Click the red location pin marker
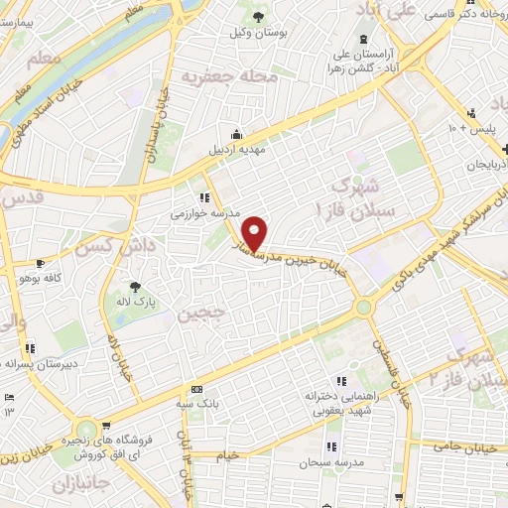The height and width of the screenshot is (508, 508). pyautogui.click(x=257, y=232)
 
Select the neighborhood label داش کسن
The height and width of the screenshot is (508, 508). pyautogui.click(x=116, y=243)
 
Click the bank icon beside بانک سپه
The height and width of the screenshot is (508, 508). pyautogui.click(x=196, y=389)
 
